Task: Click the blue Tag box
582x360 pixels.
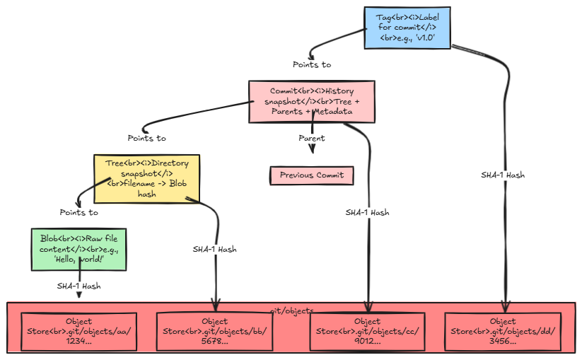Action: coord(407,28)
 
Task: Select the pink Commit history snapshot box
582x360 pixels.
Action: coord(312,101)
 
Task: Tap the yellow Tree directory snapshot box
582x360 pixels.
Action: coord(147,178)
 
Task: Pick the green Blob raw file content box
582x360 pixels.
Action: coord(78,249)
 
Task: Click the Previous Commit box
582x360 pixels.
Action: coord(312,175)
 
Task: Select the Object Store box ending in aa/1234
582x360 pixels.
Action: coord(78,331)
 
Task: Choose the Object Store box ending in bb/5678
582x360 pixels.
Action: coord(215,331)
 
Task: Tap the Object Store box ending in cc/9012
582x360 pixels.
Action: coord(368,331)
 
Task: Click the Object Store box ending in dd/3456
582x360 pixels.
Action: coord(504,331)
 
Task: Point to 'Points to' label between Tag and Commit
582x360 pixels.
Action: coord(312,64)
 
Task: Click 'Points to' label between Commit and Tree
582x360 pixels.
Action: coord(147,138)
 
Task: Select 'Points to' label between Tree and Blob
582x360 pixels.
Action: coord(78,212)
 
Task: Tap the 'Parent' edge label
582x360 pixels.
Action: coord(312,138)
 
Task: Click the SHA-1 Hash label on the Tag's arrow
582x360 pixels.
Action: coord(503,175)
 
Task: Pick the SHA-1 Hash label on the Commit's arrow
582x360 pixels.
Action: coord(367,212)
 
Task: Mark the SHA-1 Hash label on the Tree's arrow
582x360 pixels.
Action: coord(215,249)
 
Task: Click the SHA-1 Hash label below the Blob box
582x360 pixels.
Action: coord(78,286)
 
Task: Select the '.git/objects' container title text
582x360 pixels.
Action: coord(291,310)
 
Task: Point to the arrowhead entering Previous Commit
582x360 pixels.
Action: coord(312,149)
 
